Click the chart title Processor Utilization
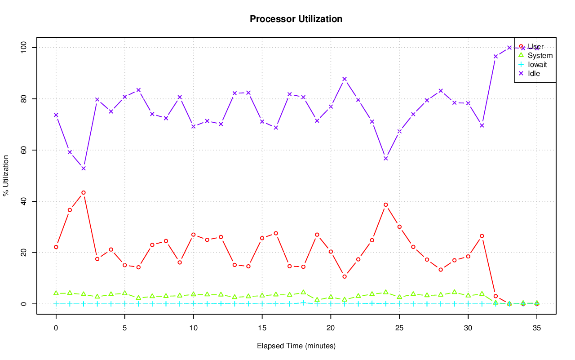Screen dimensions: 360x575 pyautogui.click(x=296, y=19)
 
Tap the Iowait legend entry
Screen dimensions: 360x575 pyautogui.click(x=537, y=64)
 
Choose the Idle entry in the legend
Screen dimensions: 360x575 pyautogui.click(x=534, y=73)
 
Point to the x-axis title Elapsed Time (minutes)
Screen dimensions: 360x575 pyautogui.click(x=296, y=346)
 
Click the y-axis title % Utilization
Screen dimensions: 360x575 pyautogui.click(x=6, y=175)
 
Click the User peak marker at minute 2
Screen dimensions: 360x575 pyautogui.click(x=84, y=192)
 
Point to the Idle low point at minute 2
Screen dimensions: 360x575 pyautogui.click(x=84, y=169)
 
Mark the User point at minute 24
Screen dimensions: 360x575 pyautogui.click(x=385, y=204)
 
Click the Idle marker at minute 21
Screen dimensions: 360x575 pyautogui.click(x=345, y=79)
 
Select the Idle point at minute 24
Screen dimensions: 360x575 pyautogui.click(x=385, y=158)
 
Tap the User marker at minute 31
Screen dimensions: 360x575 pyautogui.click(x=482, y=236)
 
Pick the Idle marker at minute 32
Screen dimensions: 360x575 pyautogui.click(x=495, y=57)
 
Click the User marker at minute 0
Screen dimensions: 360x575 pyautogui.click(x=56, y=247)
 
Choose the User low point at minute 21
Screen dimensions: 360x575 pyautogui.click(x=345, y=276)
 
